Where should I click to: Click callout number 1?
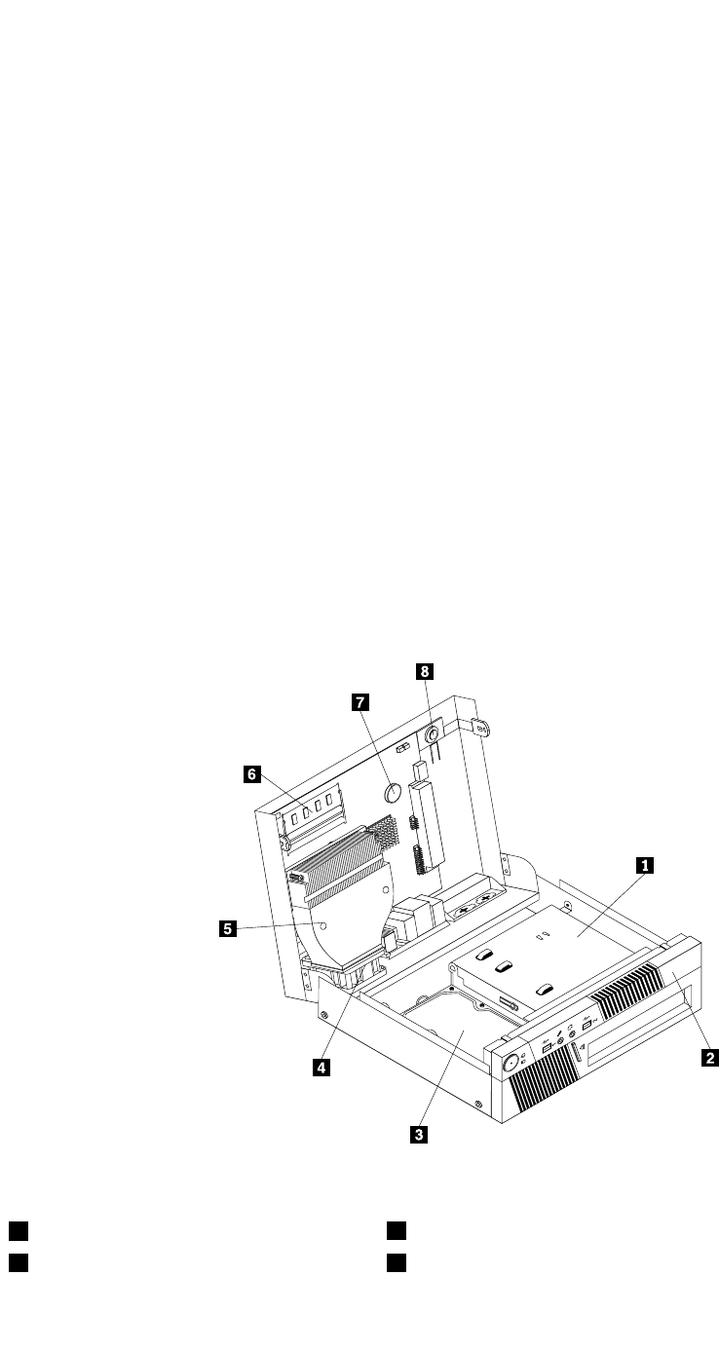[x=643, y=863]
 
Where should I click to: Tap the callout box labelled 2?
[x=711, y=1056]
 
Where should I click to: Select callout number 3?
[x=419, y=1133]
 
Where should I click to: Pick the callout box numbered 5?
[x=226, y=928]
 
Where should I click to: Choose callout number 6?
[x=251, y=774]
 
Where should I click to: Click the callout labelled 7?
[x=359, y=701]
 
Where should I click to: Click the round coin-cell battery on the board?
[x=393, y=791]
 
